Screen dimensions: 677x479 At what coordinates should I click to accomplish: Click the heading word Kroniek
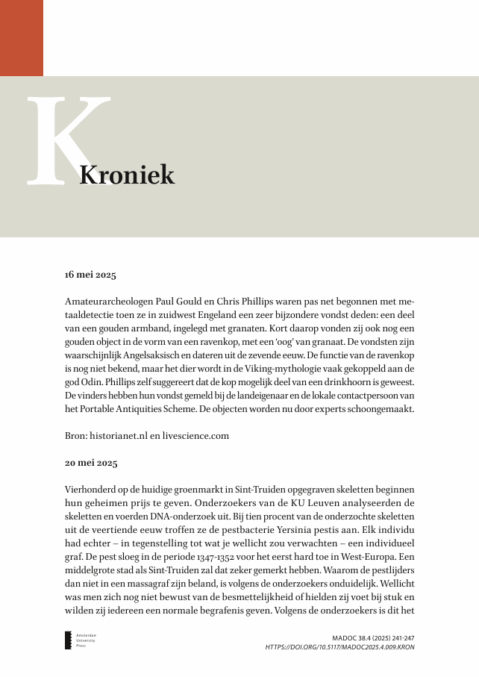pyautogui.click(x=127, y=175)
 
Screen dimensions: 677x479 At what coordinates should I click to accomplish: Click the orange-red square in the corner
pyautogui.click(x=21, y=37)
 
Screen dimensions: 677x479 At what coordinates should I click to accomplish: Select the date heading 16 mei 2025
pyautogui.click(x=90, y=275)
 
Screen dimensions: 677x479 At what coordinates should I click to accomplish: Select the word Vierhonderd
pyautogui.click(x=91, y=489)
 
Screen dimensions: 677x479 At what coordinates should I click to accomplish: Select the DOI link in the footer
pyautogui.click(x=339, y=646)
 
